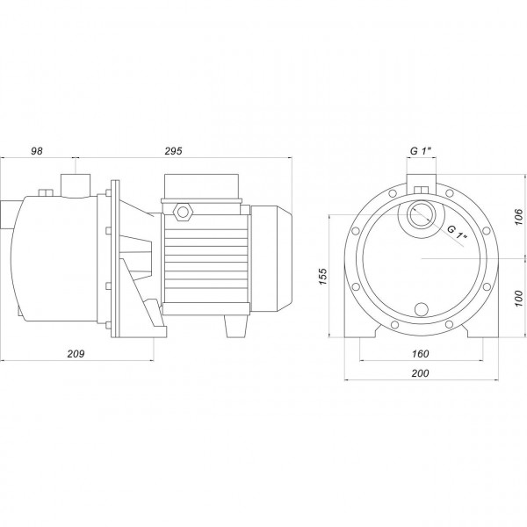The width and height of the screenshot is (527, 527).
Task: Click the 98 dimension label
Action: coord(37,151)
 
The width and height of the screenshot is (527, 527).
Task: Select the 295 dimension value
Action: coord(173,151)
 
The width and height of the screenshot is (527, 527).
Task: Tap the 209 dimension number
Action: coord(76,354)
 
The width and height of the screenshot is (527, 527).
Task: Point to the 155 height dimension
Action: coord(322,277)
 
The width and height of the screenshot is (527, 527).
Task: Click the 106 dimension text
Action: coord(519,217)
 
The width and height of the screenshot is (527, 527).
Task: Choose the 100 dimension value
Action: coord(519,298)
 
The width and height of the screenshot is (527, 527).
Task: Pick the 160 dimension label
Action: coord(421,354)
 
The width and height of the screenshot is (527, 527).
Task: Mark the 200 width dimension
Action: coord(421,373)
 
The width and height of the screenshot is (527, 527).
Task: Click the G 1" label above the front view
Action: coord(421,151)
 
